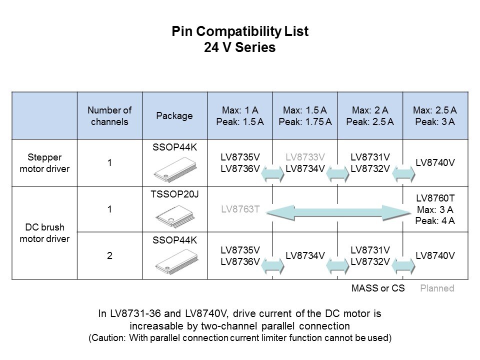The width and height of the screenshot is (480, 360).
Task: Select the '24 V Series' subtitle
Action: (x=240, y=48)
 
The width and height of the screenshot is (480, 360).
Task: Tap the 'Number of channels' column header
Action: (x=109, y=115)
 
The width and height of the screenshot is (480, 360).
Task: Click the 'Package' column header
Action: (x=174, y=115)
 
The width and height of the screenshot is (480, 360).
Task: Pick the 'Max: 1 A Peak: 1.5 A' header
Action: (x=240, y=115)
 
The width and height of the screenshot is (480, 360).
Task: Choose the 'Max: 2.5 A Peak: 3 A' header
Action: (x=435, y=115)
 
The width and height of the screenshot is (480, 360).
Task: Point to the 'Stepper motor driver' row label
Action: (x=44, y=163)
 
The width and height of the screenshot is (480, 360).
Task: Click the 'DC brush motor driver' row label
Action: (x=44, y=232)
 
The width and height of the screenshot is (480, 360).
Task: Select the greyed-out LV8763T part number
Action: (x=240, y=210)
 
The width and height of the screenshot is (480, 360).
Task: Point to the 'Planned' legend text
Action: (x=437, y=288)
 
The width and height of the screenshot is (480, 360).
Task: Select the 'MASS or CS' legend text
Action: (x=378, y=288)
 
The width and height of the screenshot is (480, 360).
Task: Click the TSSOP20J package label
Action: (x=174, y=193)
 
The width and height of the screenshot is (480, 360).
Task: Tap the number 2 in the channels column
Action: (x=109, y=255)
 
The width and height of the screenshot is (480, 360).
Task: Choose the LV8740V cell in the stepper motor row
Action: (x=435, y=163)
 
